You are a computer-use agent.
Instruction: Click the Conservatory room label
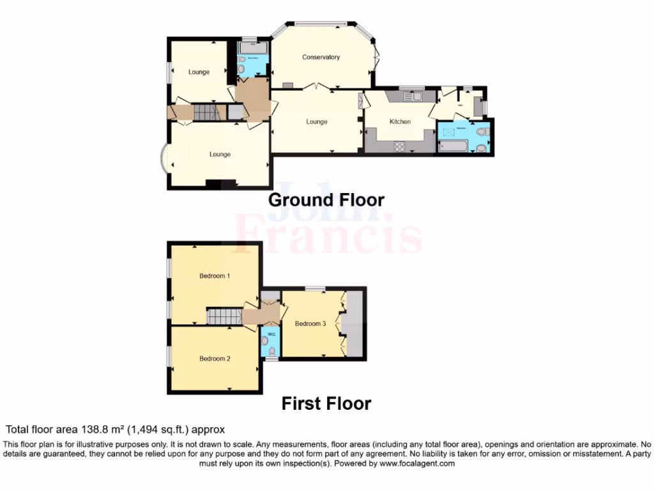click(x=321, y=58)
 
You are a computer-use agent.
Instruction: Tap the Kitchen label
click(x=400, y=121)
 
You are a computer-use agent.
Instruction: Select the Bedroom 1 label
click(x=215, y=276)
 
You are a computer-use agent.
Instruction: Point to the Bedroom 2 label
click(x=215, y=359)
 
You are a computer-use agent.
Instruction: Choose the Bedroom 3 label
click(x=310, y=323)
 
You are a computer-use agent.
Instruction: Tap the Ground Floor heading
click(x=326, y=199)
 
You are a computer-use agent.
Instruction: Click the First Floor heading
click(x=326, y=403)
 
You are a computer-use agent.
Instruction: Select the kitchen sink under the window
click(x=415, y=97)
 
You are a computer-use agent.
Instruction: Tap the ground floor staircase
click(x=206, y=114)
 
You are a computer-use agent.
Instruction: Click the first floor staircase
click(x=224, y=316)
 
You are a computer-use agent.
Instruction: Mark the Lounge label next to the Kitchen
click(x=316, y=121)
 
